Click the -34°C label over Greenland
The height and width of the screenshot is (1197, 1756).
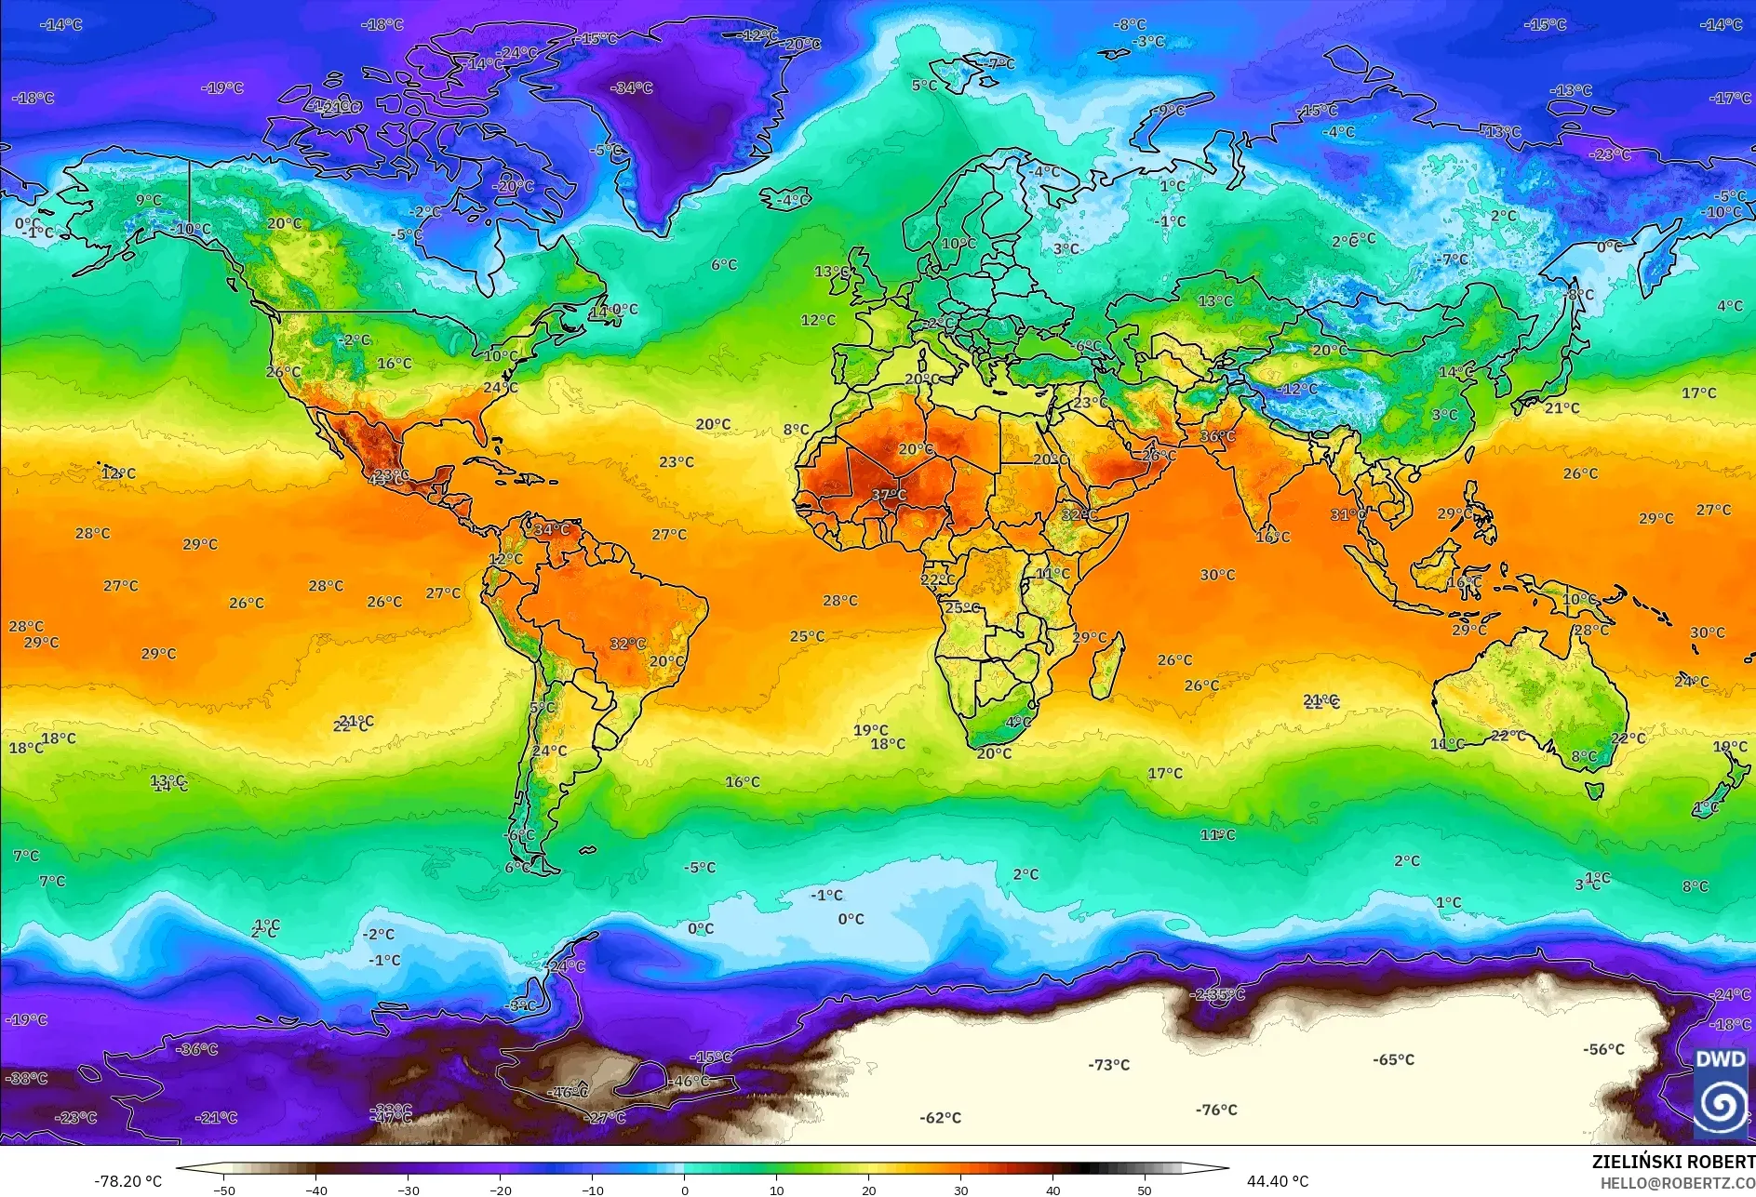pos(632,88)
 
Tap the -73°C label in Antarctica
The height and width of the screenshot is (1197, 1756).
pos(1108,1065)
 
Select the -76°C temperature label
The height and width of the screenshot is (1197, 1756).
pos(1216,1110)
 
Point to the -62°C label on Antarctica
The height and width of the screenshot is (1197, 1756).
pos(940,1118)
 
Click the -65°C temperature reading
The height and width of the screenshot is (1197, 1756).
pos(1393,1060)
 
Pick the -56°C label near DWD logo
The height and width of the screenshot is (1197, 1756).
pos(1603,1049)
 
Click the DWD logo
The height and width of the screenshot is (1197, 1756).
pos(1720,1093)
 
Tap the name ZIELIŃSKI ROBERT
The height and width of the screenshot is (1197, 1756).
pos(1672,1162)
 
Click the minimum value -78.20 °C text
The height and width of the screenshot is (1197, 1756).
pos(127,1181)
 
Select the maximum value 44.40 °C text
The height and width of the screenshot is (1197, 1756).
pos(1277,1181)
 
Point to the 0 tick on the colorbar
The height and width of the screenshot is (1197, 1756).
pos(685,1190)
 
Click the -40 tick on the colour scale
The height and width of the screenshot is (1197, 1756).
pos(316,1190)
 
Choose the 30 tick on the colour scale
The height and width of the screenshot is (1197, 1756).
pos(960,1190)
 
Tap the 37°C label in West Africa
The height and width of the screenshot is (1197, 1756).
pos(889,495)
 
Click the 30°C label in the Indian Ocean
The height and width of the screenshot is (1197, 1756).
pos(1217,575)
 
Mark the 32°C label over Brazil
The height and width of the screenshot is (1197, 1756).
pos(627,644)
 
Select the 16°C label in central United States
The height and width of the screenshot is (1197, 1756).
pos(394,364)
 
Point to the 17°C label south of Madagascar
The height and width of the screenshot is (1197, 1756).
pos(1164,773)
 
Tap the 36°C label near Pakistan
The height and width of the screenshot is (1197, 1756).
pos(1217,436)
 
